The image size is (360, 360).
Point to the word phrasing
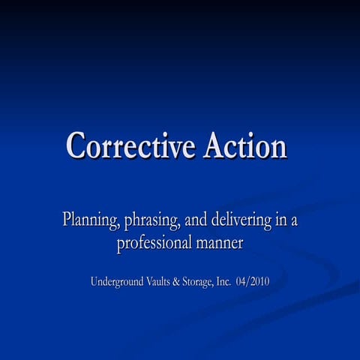154,221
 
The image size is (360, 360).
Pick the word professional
153,244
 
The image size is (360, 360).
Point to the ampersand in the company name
186,282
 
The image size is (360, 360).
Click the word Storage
208,283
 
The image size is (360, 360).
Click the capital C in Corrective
76,145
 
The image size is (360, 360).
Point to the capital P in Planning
67,220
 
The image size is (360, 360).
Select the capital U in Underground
95,282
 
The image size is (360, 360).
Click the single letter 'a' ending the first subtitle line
295,222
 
